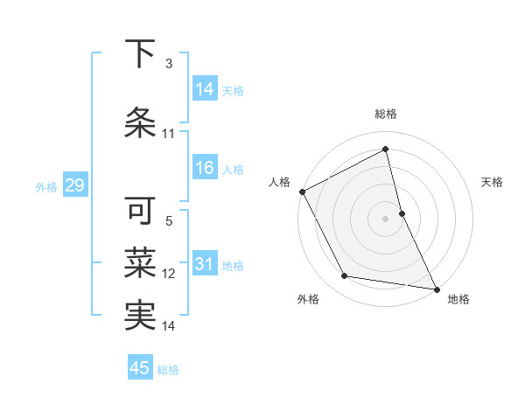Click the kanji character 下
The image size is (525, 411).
(x=140, y=53)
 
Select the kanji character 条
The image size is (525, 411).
(x=140, y=122)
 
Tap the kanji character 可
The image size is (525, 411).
(x=140, y=211)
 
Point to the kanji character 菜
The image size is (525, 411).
(x=140, y=262)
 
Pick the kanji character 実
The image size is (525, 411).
(x=140, y=316)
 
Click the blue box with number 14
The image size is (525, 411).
(x=205, y=88)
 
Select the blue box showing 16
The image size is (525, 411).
(x=205, y=168)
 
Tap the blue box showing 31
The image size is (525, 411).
(x=205, y=264)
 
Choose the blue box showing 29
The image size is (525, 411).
(x=74, y=185)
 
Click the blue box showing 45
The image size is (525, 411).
(x=140, y=368)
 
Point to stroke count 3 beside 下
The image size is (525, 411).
(x=168, y=64)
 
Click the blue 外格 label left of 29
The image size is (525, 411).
(x=45, y=186)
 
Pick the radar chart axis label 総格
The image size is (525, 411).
(x=385, y=115)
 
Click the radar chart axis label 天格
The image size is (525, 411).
(x=492, y=182)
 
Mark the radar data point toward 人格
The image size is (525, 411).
(x=302, y=192)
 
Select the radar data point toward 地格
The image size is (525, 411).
(x=435, y=288)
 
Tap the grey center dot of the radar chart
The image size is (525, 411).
(x=385, y=218)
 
